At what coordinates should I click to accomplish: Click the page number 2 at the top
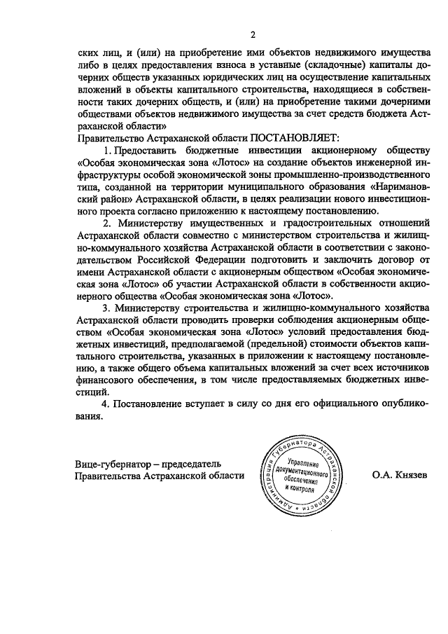coord(253,36)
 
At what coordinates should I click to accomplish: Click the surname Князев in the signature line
coord(400,475)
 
